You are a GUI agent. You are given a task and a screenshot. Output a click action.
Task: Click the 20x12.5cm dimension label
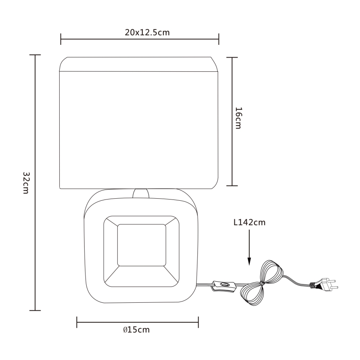tap(147, 33)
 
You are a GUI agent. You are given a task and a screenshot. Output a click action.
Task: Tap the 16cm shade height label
tap(238, 118)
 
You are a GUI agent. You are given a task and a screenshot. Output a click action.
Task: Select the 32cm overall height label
tap(25, 182)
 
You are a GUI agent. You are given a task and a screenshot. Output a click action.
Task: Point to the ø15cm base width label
tap(136, 330)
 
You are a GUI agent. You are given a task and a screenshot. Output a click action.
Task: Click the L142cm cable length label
tap(249, 223)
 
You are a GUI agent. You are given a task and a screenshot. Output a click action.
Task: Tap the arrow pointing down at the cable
tap(249, 249)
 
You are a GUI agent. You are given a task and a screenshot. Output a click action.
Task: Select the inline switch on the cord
tap(224, 285)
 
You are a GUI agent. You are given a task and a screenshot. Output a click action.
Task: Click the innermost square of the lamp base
tap(142, 245)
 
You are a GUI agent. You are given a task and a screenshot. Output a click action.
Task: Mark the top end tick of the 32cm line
tap(35, 55)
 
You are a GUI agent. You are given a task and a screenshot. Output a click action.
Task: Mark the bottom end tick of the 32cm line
tap(35, 310)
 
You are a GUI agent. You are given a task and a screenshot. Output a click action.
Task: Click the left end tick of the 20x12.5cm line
tap(61, 40)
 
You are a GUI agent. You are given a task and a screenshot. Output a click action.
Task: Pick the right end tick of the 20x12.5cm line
tap(219, 40)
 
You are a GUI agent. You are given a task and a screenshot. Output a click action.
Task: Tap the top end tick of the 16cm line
tap(231, 58)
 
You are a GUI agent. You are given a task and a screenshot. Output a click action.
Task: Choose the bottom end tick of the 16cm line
tap(231, 185)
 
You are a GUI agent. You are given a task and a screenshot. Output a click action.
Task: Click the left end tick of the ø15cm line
tap(77, 322)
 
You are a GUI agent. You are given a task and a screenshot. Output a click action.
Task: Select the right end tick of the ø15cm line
tap(198, 322)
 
